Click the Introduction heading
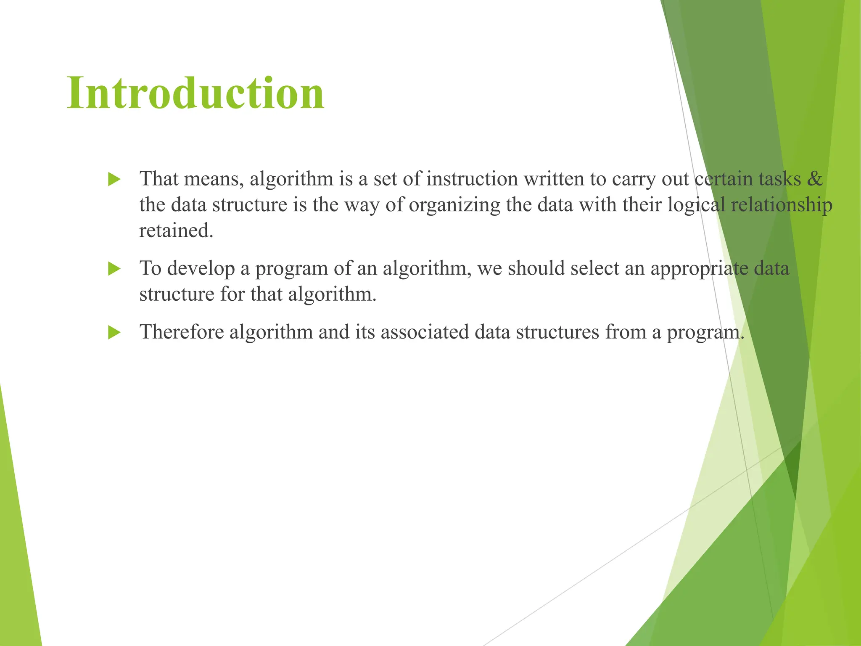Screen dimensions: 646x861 coord(195,93)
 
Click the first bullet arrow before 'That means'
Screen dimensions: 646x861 coord(114,179)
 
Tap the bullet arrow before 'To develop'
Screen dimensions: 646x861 coord(114,269)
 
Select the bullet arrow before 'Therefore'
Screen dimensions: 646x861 coord(114,333)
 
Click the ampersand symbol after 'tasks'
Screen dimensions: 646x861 coord(815,179)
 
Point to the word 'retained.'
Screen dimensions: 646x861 coord(176,230)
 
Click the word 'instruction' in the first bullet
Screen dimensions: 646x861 coord(472,179)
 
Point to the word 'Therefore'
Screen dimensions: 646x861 coord(182,332)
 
